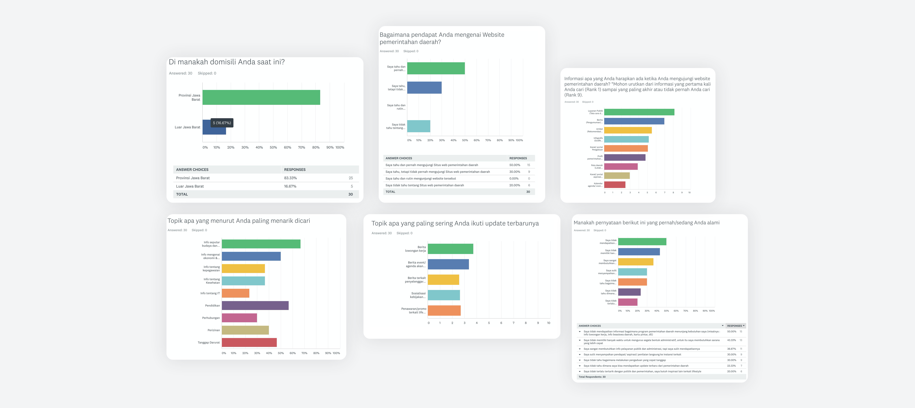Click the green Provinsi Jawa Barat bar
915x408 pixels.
coord(261,97)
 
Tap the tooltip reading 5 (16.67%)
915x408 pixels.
coord(222,123)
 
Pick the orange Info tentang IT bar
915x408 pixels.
coord(236,293)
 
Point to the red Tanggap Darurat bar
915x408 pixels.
coord(249,343)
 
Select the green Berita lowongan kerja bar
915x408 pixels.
coord(450,249)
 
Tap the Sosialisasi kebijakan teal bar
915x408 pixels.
coord(444,295)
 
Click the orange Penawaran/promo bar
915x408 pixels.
coord(444,311)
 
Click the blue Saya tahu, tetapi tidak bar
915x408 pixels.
coord(424,88)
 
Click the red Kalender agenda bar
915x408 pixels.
coord(614,185)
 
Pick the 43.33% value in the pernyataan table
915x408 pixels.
coord(731,340)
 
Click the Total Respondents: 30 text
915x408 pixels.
coord(592,377)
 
